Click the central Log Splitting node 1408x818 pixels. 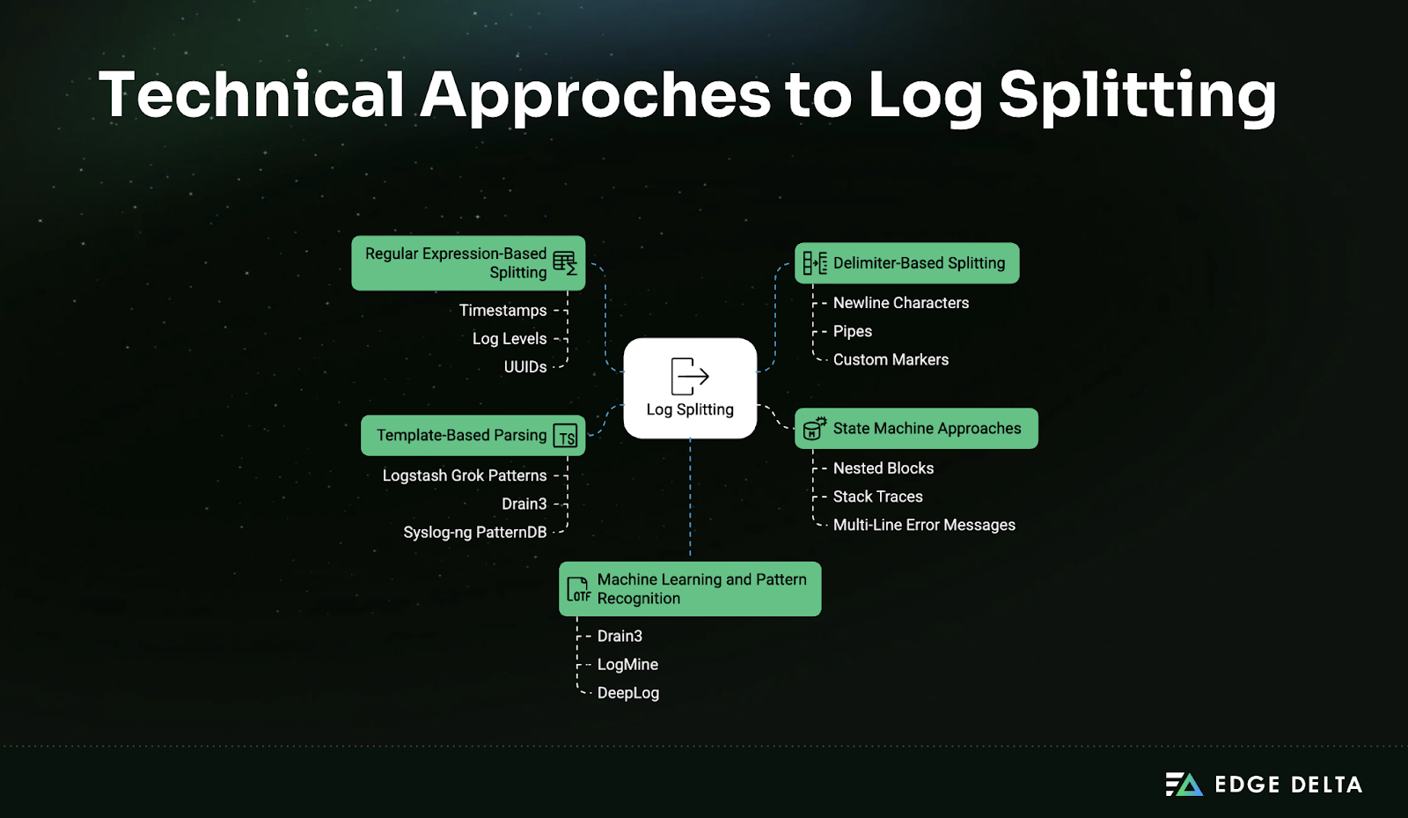pyautogui.click(x=690, y=388)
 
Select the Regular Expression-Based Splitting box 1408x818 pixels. pyautogui.click(x=468, y=263)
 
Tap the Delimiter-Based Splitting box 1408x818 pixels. pyautogui.click(x=906, y=263)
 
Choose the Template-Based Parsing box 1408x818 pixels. pyautogui.click(x=473, y=436)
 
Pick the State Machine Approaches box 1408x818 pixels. pyautogui.click(x=916, y=429)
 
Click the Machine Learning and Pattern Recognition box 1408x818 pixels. pyautogui.click(x=690, y=589)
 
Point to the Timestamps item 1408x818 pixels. pyautogui.click(x=502, y=311)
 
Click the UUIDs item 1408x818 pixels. pyautogui.click(x=525, y=367)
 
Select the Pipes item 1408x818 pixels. pyautogui.click(x=853, y=332)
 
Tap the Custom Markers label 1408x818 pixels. pyautogui.click(x=891, y=360)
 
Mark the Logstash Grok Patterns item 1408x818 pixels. pyautogui.click(x=465, y=475)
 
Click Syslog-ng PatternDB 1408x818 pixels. pyautogui.click(x=475, y=533)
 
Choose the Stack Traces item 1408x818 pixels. pyautogui.click(x=877, y=497)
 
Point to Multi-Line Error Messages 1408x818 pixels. pyautogui.click(x=924, y=526)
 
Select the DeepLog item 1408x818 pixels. pyautogui.click(x=628, y=694)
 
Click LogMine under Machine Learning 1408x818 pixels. pyautogui.click(x=627, y=665)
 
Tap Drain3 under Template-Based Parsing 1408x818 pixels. pyautogui.click(x=524, y=505)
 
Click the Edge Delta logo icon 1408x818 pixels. pyautogui.click(x=1184, y=785)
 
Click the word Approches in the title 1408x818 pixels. pyautogui.click(x=595, y=95)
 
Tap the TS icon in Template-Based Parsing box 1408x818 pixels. pyautogui.click(x=566, y=437)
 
